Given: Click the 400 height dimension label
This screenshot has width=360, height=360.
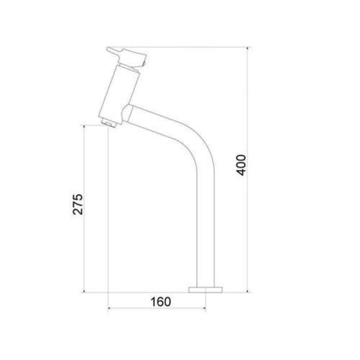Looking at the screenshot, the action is (x=241, y=165).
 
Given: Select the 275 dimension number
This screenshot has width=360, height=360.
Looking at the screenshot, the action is (x=77, y=204).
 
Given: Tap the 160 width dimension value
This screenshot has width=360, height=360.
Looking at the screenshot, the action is (x=160, y=302).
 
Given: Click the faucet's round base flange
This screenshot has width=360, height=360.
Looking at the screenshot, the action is (x=206, y=290).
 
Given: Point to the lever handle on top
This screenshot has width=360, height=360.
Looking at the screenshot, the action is (x=127, y=56).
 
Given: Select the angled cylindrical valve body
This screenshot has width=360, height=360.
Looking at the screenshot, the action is (x=120, y=93).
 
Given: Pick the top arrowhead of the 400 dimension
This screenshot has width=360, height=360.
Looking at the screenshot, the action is (x=247, y=49).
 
